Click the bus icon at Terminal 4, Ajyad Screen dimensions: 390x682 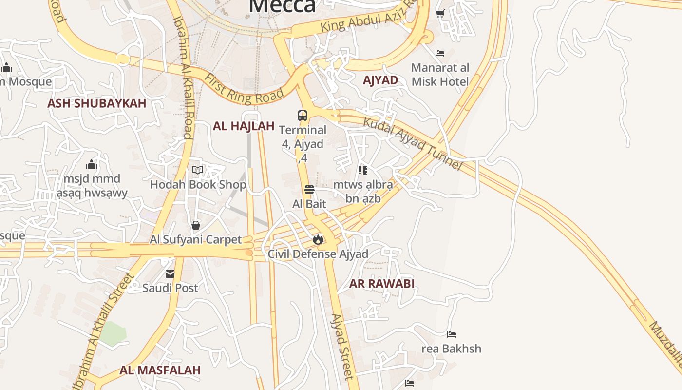pyautogui.click(x=303, y=116)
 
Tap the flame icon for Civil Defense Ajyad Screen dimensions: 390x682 pyautogui.click(x=318, y=239)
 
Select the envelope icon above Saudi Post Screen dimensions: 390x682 pyautogui.click(x=170, y=274)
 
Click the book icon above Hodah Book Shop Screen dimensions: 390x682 pyautogui.click(x=198, y=170)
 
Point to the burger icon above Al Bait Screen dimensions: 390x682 pyautogui.click(x=309, y=190)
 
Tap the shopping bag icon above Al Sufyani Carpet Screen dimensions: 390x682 pyautogui.click(x=196, y=225)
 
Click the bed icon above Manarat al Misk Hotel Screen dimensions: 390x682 pyautogui.click(x=440, y=53)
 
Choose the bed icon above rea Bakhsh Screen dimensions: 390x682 pyautogui.click(x=452, y=334)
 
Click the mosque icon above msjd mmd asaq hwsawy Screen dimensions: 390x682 pyautogui.click(x=92, y=164)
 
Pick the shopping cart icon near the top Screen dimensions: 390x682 pyautogui.click(x=440, y=14)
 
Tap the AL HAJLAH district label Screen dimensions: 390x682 pyautogui.click(x=244, y=126)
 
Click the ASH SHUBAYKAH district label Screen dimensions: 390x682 pyautogui.click(x=96, y=103)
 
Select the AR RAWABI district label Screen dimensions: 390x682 pyautogui.click(x=382, y=284)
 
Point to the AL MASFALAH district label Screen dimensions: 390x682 pyautogui.click(x=160, y=370)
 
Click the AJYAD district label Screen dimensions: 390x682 pyautogui.click(x=380, y=80)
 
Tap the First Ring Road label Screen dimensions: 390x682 pyautogui.click(x=244, y=89)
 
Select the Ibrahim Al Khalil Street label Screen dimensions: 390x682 pyautogui.click(x=103, y=331)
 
